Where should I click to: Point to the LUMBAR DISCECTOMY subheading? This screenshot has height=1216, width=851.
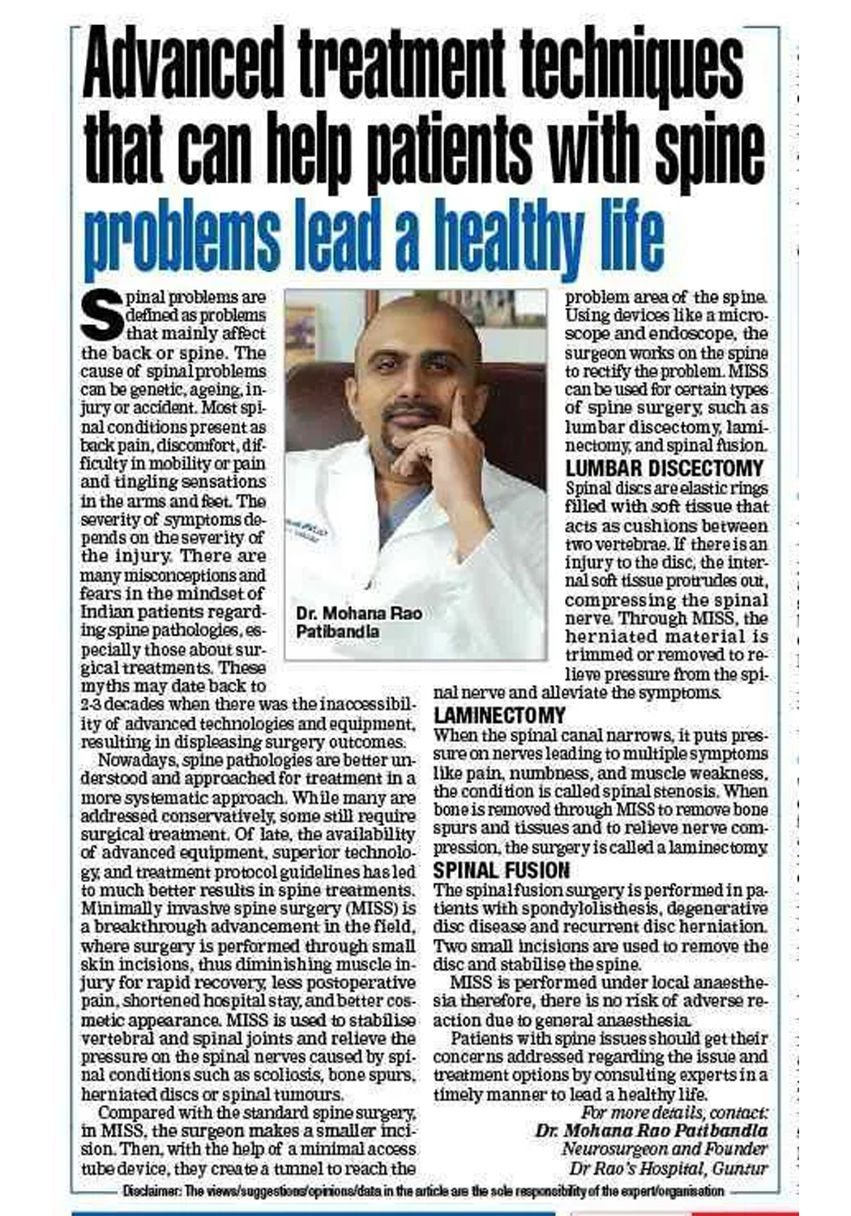click(x=664, y=469)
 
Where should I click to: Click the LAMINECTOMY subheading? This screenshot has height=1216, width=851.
click(x=499, y=716)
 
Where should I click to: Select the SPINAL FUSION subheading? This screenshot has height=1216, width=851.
click(x=501, y=871)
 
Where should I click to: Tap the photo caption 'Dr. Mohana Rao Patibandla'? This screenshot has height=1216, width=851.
click(x=358, y=622)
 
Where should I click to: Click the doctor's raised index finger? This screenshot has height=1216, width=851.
click(x=459, y=405)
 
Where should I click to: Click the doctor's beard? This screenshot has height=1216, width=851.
click(x=405, y=442)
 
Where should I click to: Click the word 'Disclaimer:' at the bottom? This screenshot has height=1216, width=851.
click(x=152, y=1192)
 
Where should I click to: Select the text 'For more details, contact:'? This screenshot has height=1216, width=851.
click(x=674, y=1113)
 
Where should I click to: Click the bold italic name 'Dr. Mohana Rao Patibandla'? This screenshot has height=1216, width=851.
click(x=651, y=1131)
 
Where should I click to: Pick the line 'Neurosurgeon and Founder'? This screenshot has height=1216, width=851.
click(x=664, y=1150)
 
